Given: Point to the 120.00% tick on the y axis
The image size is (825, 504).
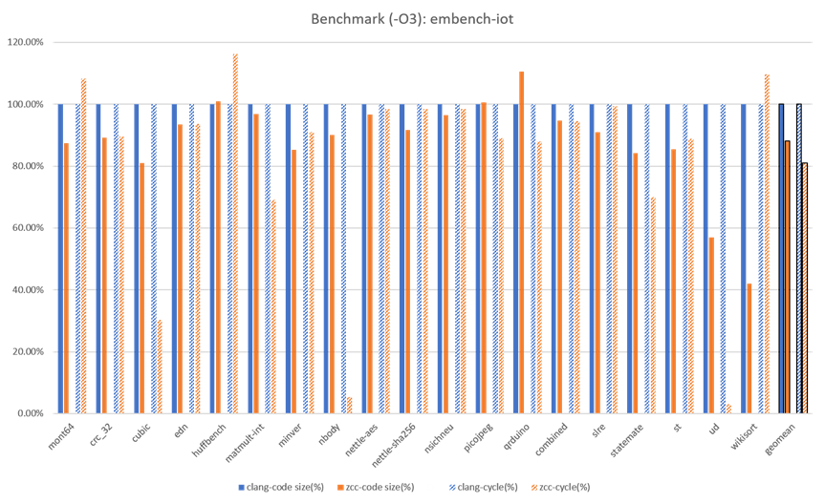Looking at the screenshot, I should (31, 43).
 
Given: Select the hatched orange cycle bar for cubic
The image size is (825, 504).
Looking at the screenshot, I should (159, 367).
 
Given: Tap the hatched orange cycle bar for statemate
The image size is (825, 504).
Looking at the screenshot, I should (652, 305).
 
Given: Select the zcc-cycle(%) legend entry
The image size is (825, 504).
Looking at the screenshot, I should (562, 488).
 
